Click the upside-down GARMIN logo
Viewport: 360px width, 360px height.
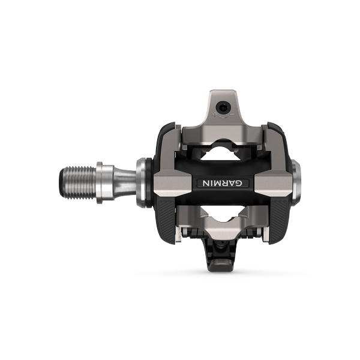click(x=223, y=183)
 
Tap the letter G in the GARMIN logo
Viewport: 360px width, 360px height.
click(x=239, y=183)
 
